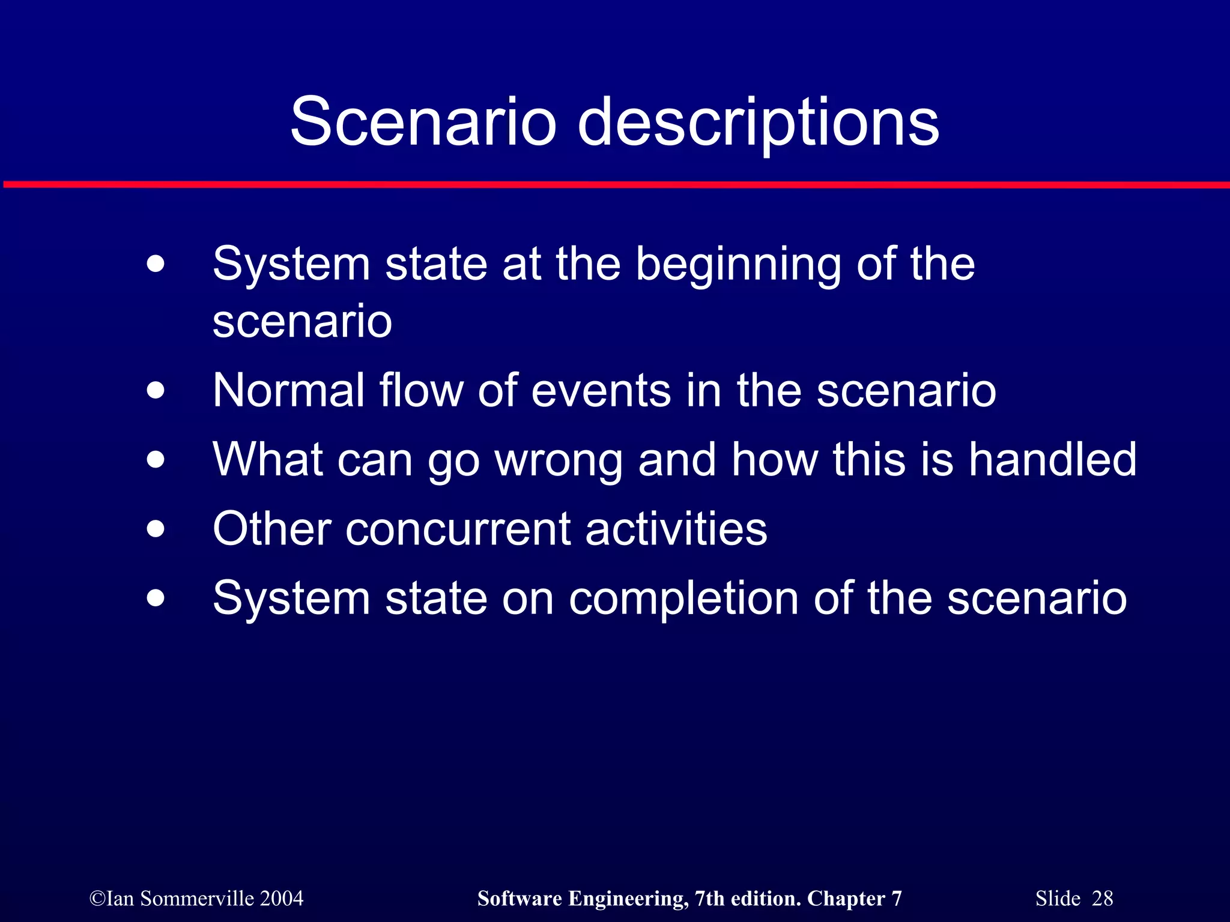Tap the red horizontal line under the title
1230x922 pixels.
(615, 184)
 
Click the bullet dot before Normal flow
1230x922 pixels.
(156, 391)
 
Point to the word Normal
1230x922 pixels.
(288, 391)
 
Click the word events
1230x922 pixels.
(601, 391)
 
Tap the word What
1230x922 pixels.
(268, 460)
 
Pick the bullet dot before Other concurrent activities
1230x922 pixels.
(156, 529)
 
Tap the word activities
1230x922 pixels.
(676, 529)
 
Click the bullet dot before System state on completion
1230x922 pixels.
(156, 598)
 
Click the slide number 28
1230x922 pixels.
(1102, 899)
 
